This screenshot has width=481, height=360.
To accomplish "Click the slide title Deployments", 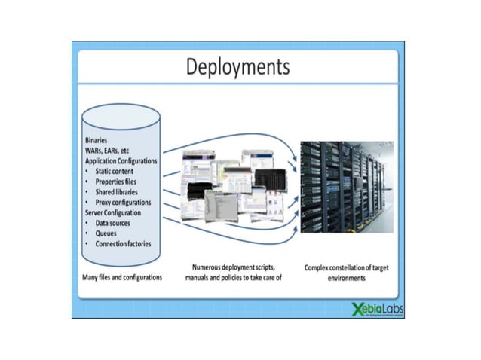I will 237,68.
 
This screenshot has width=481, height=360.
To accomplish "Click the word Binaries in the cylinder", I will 96,140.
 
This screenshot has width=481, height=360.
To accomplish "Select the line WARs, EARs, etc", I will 109,151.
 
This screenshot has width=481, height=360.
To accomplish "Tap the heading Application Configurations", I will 121,161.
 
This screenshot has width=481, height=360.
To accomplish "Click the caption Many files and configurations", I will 121,278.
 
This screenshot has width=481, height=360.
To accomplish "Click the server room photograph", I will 346,186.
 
